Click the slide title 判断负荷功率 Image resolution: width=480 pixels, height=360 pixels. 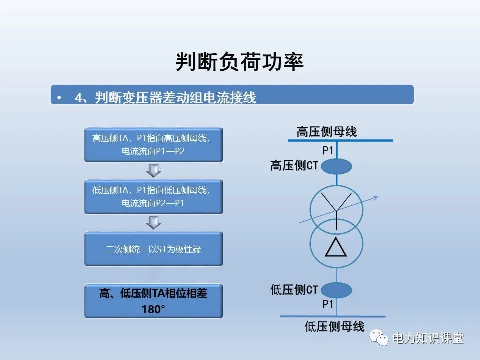point(240,62)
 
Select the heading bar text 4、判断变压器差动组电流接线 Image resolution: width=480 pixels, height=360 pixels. point(165,98)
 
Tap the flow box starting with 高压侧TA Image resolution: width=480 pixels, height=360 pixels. point(153,145)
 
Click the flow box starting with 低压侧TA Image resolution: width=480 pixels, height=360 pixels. point(153,197)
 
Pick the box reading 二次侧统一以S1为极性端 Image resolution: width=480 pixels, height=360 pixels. point(153,249)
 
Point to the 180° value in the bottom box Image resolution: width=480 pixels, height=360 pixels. point(153,309)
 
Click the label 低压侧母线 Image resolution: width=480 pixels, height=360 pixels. point(335,327)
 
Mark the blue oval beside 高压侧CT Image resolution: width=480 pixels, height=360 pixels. point(336,166)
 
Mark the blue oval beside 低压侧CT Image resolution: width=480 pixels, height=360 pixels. point(336,290)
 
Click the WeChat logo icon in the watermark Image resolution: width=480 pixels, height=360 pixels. point(380,338)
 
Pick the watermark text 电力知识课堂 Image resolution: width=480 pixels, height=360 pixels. point(428,338)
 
